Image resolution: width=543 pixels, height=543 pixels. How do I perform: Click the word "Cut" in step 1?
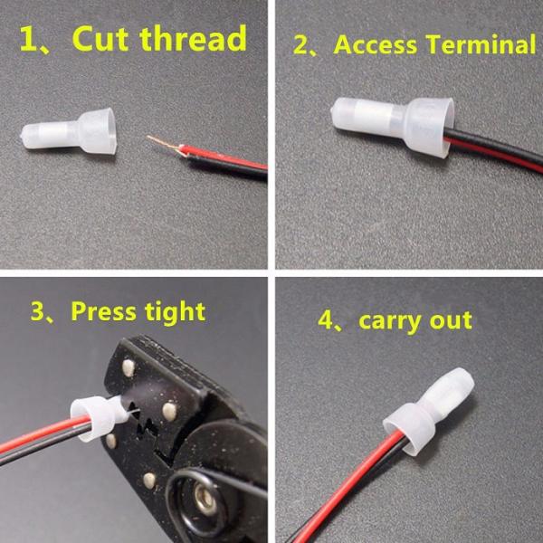point(100,38)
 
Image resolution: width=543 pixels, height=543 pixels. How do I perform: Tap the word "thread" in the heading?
point(194,38)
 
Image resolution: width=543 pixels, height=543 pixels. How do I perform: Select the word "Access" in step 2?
point(375,45)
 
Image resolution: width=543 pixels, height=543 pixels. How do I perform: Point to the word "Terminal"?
point(481,44)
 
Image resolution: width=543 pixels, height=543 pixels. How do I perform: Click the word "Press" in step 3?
point(103,311)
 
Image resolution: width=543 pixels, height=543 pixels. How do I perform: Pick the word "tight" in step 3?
point(176,313)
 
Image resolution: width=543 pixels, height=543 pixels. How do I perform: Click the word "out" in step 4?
point(451,320)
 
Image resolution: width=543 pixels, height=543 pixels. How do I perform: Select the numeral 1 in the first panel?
point(28,39)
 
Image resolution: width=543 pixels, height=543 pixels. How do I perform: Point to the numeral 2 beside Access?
point(300,45)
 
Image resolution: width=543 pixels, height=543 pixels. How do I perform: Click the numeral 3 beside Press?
point(37,311)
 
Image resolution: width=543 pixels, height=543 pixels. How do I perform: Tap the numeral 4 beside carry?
point(326,320)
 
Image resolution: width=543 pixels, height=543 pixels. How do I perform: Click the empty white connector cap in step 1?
point(69,131)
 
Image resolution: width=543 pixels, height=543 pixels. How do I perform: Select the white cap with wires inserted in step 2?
point(393,126)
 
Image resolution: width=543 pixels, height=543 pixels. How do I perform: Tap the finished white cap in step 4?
point(429,411)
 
